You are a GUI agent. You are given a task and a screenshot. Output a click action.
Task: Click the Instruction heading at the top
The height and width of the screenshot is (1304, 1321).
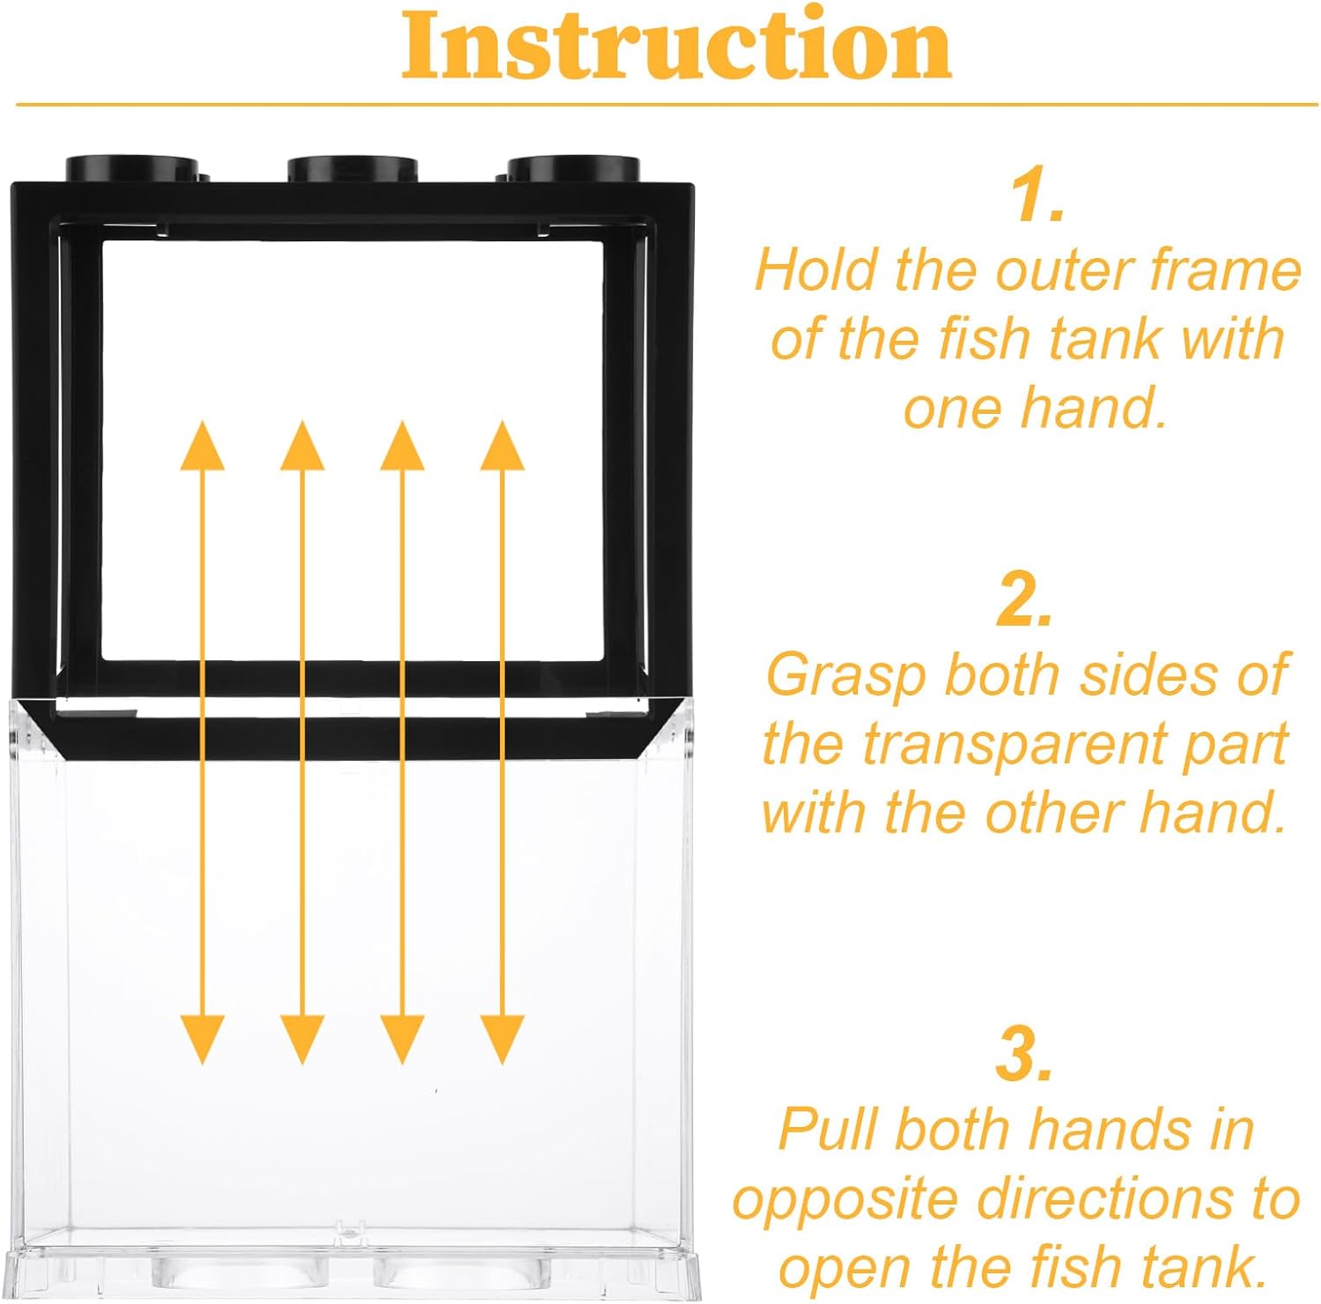pyautogui.click(x=676, y=47)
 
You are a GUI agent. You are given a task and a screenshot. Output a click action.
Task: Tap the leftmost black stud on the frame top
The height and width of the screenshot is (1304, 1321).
pyautogui.click(x=132, y=166)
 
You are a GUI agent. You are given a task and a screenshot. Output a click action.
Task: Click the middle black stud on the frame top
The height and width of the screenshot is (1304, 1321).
pyautogui.click(x=352, y=166)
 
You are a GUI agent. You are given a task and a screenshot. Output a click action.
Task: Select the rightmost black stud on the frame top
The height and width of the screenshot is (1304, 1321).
pyautogui.click(x=572, y=166)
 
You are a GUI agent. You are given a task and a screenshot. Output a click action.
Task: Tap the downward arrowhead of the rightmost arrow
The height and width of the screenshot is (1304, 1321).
pyautogui.click(x=503, y=1040)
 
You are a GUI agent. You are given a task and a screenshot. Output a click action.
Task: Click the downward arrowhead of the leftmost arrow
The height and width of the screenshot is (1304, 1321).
pyautogui.click(x=203, y=1040)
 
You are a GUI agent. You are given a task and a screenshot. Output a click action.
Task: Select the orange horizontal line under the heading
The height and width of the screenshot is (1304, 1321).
pyautogui.click(x=667, y=105)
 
